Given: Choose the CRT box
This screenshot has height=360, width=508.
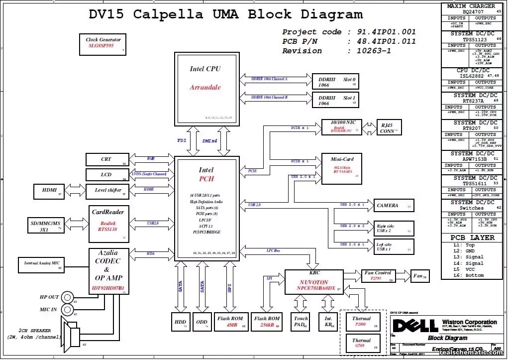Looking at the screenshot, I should (x=107, y=159).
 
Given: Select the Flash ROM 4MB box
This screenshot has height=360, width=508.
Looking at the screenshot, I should (x=231, y=322).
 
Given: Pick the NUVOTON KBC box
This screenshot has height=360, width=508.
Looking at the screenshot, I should (x=314, y=282).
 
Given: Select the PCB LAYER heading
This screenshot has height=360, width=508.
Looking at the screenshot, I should (x=472, y=238).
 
